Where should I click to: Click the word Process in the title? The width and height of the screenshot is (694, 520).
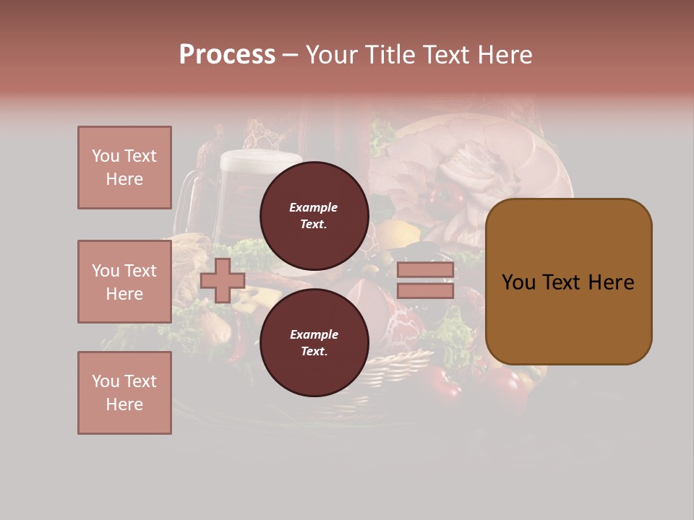coord(227,55)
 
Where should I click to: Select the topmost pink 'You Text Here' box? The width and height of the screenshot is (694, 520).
coord(124,168)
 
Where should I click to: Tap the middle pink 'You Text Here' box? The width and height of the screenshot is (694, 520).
coord(124,282)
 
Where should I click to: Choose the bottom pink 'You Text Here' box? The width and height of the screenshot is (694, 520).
coord(124,393)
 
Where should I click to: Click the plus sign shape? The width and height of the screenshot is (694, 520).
coord(223,281)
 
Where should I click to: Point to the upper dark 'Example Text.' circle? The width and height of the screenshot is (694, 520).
coord(314,215)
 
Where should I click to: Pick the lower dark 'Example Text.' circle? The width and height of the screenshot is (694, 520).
coord(314,342)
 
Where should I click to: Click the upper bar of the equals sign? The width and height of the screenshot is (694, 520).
coord(425,270)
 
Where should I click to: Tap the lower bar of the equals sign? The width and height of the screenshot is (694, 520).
coord(425,290)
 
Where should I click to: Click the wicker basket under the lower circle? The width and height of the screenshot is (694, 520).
coord(390,376)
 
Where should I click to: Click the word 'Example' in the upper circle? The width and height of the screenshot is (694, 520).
coord(314,207)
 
